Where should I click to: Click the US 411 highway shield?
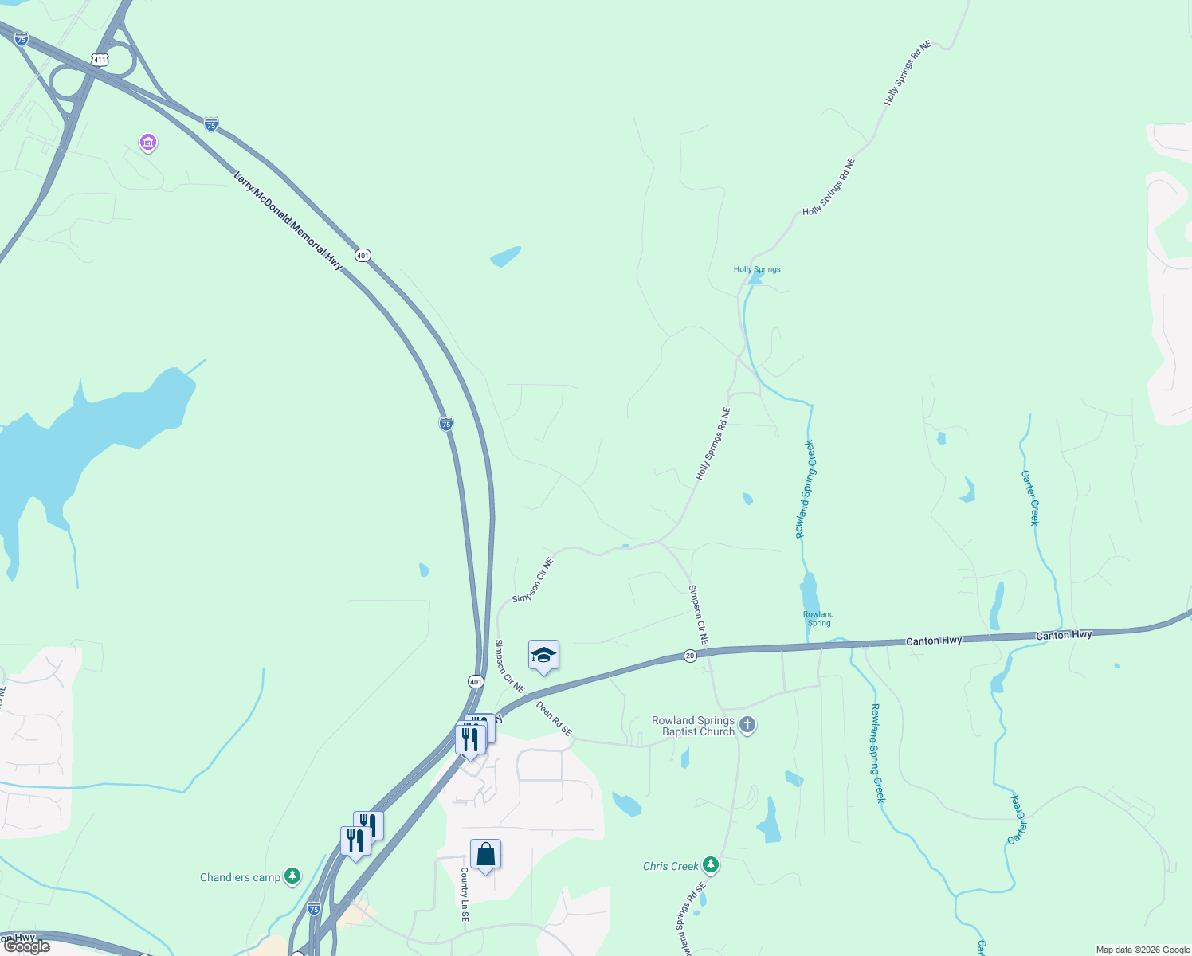tap(100, 60)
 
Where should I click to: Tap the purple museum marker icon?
tap(147, 143)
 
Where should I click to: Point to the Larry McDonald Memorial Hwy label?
tap(288, 221)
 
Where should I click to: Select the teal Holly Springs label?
tap(757, 269)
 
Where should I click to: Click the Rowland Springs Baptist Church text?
tap(693, 726)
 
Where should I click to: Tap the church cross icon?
tap(747, 725)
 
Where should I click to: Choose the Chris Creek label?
tap(670, 866)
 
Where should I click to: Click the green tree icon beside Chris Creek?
tap(711, 865)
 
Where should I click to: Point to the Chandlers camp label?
tap(240, 877)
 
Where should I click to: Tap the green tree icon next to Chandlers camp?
tap(293, 876)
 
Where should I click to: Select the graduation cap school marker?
tap(543, 656)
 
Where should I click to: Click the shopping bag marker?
tap(485, 855)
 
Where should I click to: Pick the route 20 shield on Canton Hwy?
tap(690, 656)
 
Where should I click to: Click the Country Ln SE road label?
tap(465, 895)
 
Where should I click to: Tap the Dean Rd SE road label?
tap(554, 718)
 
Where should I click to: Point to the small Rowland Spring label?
tap(818, 618)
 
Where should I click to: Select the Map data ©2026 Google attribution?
tap(1143, 950)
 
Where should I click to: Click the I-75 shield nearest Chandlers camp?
tap(314, 908)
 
